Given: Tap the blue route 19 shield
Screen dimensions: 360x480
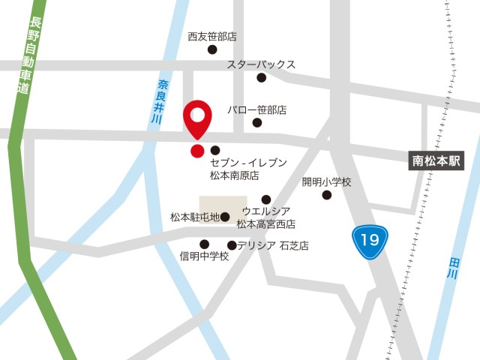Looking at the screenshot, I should pos(369,240).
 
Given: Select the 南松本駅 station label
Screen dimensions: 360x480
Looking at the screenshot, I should pos(438,160).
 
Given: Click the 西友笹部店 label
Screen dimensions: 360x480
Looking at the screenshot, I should pos(212,36).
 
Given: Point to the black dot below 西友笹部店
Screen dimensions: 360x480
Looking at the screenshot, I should pos(212,49).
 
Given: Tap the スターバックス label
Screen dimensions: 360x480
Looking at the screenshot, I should pos(261,64).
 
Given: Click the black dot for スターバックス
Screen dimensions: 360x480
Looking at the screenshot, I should pos(261,78).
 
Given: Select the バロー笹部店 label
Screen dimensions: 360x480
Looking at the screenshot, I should pos(257,109).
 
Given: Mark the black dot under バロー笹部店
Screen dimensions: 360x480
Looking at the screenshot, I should pos(257,123).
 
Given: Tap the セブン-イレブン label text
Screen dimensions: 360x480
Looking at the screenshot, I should pos(248,162).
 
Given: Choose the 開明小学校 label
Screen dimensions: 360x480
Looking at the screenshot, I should pos(326,181).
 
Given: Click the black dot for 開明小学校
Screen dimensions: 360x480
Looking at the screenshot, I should pos(326,196).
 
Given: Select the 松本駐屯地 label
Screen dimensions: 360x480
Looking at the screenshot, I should pos(194,217).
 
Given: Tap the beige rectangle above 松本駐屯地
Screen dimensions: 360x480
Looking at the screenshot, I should pos(223,204).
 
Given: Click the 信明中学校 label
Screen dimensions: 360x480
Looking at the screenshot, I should pos(204,256).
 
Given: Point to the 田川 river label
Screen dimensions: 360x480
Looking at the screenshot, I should pos(453,268).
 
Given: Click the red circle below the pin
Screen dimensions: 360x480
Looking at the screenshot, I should pos(197,151).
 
